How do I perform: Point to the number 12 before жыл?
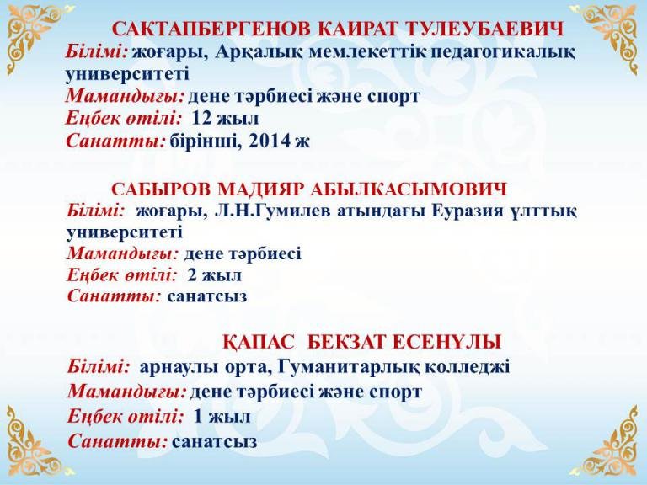202,118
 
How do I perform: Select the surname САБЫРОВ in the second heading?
162,189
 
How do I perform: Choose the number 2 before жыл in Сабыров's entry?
192,275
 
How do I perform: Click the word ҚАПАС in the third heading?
259,342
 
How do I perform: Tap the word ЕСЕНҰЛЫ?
446,342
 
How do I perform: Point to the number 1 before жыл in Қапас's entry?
199,417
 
